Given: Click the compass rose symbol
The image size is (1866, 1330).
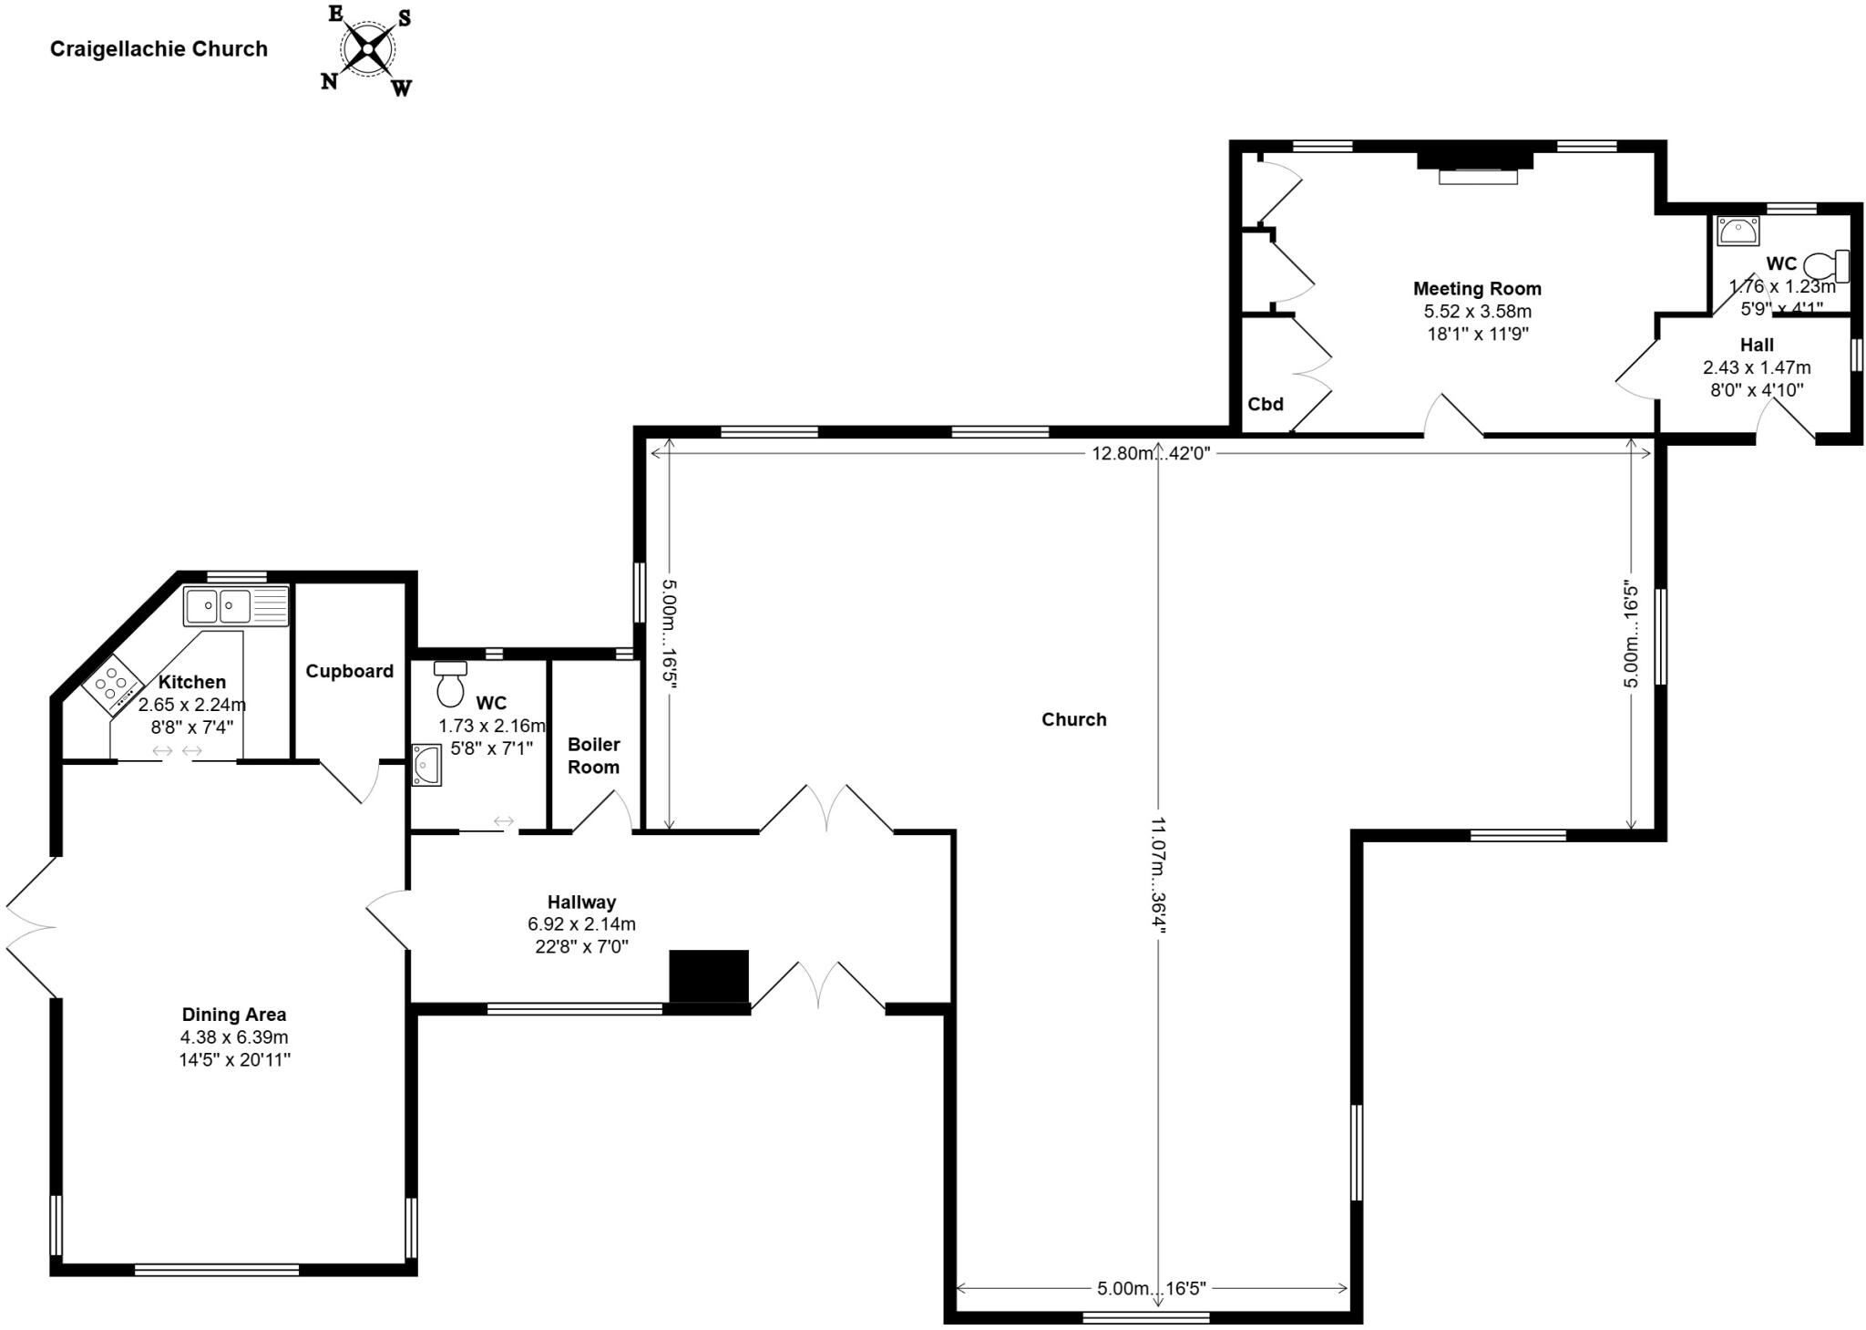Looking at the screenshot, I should (x=367, y=49).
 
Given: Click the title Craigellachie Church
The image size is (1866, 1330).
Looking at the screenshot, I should (x=159, y=49).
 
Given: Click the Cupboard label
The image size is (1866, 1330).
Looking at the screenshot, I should (x=349, y=672).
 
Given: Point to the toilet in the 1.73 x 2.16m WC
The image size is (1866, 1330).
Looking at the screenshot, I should (x=450, y=684).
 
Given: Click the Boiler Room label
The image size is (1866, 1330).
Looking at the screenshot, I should (x=593, y=756).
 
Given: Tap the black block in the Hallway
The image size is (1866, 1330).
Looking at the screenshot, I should (x=709, y=976).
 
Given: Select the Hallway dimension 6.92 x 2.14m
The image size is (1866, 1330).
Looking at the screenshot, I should (x=581, y=924).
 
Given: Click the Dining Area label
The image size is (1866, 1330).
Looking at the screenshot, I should (x=234, y=1015).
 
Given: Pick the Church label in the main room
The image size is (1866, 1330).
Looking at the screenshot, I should (x=1074, y=720).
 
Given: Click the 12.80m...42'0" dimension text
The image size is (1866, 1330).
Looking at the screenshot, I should (x=1151, y=453).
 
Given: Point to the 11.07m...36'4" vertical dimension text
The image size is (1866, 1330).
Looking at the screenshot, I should (x=1158, y=875).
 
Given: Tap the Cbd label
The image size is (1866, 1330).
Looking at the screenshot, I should (x=1266, y=405).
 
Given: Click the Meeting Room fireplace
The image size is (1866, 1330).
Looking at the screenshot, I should (x=1475, y=166).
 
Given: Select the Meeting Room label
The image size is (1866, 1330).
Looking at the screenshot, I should (x=1477, y=289).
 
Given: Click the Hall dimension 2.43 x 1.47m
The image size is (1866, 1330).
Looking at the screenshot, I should (x=1757, y=368).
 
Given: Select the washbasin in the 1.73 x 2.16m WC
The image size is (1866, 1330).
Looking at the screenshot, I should (x=426, y=764).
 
